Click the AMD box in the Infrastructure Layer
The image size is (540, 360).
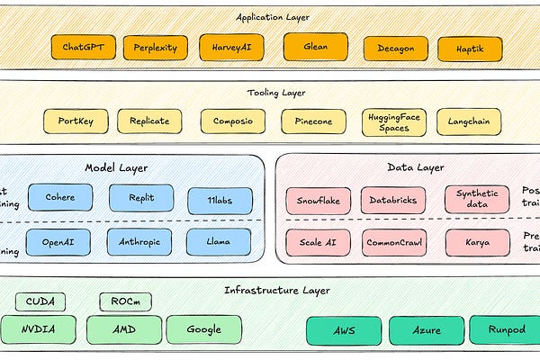125,329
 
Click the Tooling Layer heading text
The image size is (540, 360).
276,92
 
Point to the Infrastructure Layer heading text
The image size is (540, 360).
276,290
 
